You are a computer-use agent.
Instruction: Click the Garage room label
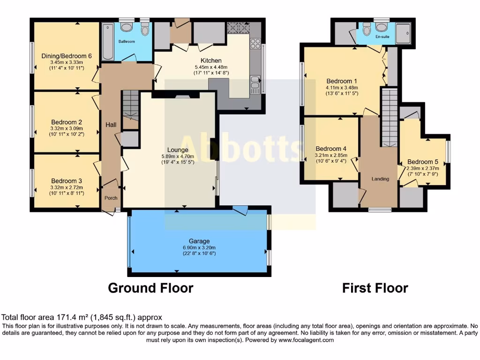(x=199, y=241)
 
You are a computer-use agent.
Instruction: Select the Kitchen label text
(x=211, y=60)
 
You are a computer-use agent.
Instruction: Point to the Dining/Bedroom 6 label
(x=66, y=56)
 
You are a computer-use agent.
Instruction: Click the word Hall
(x=111, y=125)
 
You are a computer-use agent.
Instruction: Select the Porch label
(x=111, y=198)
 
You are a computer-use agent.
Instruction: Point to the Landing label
(x=380, y=179)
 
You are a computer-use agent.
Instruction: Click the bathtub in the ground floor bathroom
(x=107, y=42)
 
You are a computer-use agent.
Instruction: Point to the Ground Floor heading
(x=150, y=288)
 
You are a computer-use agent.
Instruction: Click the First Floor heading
(x=375, y=288)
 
